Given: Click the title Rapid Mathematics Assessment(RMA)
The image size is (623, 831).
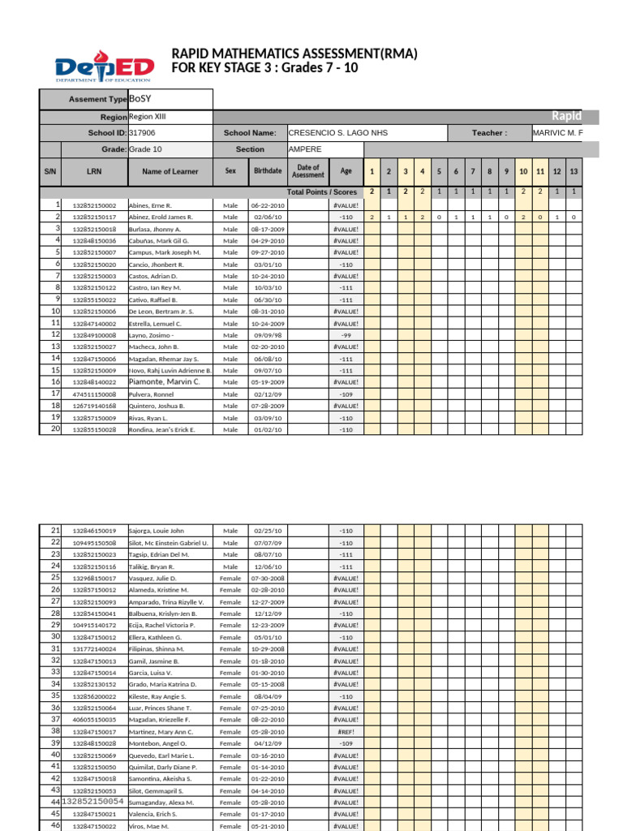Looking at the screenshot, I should pos(294,54).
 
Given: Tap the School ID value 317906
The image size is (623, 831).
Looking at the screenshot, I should pos(142,133).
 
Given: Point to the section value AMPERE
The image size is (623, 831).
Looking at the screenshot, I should pos(305,149).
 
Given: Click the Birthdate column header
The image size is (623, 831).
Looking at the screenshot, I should pos(268,171).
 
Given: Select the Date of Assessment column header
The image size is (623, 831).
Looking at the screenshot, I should pos(307,171).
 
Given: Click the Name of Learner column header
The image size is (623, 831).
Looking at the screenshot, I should pos(170,171).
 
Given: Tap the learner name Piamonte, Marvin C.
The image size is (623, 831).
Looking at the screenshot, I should pos(165,381).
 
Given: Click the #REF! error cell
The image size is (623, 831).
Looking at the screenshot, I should pos(346,731).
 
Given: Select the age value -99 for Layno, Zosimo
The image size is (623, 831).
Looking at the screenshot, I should pos(346,334).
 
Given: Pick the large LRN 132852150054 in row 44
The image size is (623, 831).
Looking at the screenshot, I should pos(92,802).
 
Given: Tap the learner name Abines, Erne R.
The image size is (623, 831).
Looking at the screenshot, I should pos(150,206).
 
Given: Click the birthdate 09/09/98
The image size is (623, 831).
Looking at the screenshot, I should pos(268,334).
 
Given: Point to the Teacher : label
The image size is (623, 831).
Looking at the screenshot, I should pos(489,133).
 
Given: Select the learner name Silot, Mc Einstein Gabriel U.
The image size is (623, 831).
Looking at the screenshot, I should pos(169,543).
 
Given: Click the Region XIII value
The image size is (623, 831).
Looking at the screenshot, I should pos(148,117).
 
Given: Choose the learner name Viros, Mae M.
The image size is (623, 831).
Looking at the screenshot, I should pos(149,826).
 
